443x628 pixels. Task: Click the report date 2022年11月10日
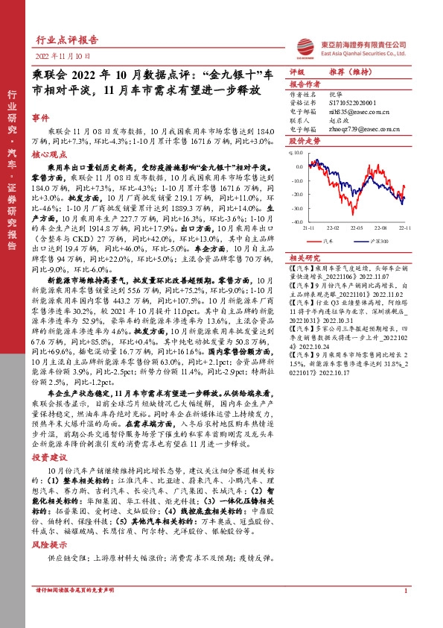tap(63, 56)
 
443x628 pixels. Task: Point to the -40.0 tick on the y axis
tap(297, 222)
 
